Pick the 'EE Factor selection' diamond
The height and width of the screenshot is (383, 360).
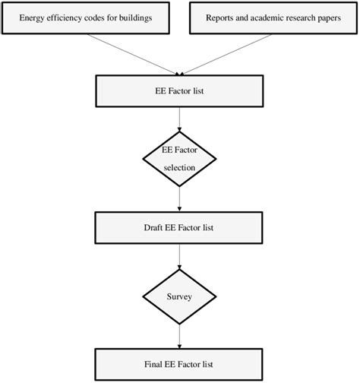click(180, 158)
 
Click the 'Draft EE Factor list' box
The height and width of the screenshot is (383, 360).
click(179, 227)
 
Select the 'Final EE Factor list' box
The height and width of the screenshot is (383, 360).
click(179, 364)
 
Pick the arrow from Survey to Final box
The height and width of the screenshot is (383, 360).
click(180, 334)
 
